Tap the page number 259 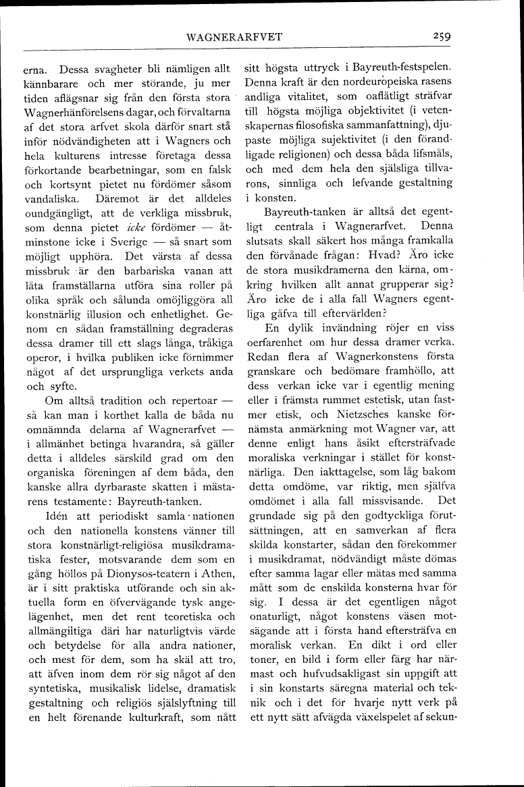point(443,36)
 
